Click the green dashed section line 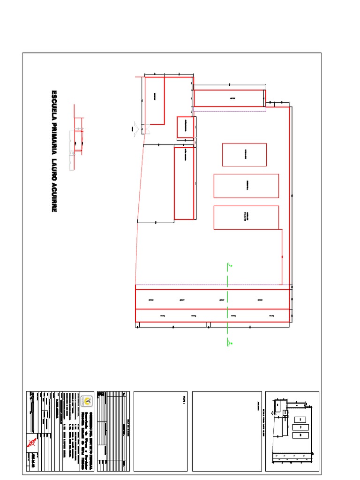point(228,305)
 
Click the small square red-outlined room point(185,127)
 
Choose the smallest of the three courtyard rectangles point(244,155)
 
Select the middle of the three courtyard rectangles point(246,186)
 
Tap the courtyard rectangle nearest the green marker point(246,217)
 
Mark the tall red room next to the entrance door point(154,100)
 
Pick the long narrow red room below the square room point(185,183)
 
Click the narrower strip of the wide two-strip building point(213,316)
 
